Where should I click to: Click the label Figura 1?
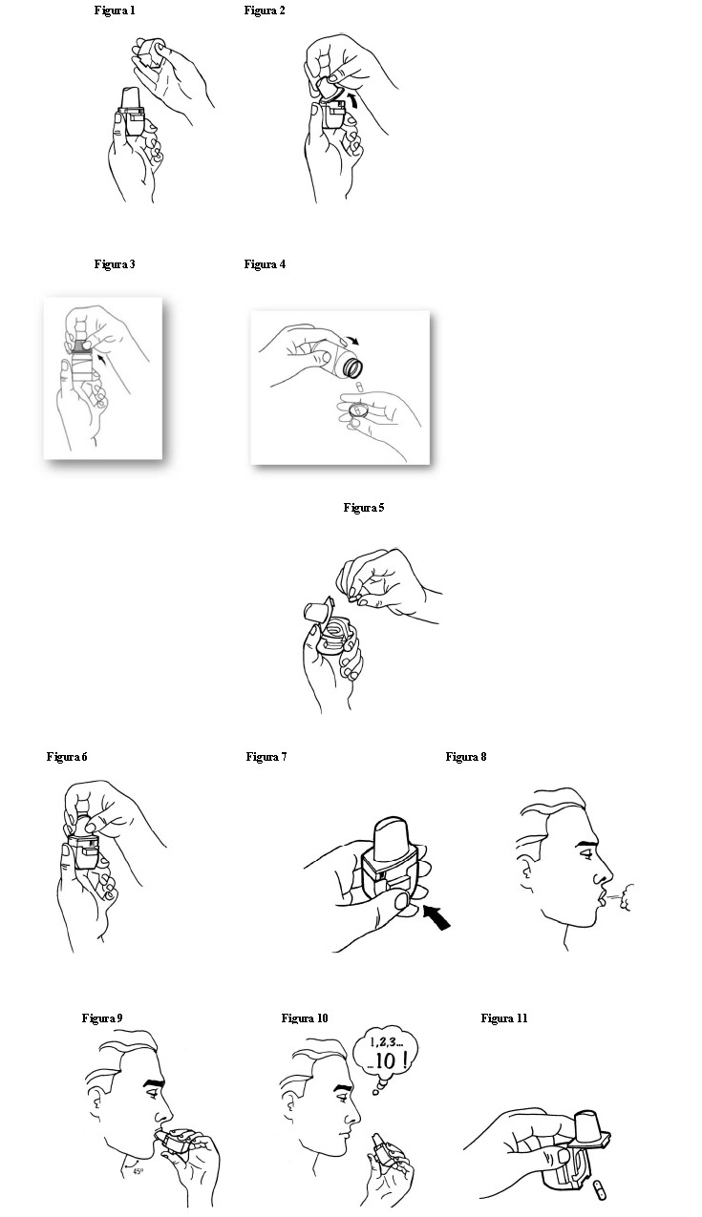click(115, 10)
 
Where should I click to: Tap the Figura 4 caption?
click(265, 264)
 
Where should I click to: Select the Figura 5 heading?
click(364, 508)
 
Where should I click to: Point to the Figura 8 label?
click(466, 757)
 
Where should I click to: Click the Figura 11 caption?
click(504, 1018)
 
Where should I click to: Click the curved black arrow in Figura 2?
click(353, 100)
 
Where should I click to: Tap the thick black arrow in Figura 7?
click(436, 917)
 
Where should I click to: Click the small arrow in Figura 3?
click(100, 358)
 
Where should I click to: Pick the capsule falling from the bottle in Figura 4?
click(358, 387)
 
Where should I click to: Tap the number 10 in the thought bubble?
click(386, 1060)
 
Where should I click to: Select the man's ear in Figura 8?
click(525, 870)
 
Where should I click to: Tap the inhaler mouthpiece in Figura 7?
click(391, 838)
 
